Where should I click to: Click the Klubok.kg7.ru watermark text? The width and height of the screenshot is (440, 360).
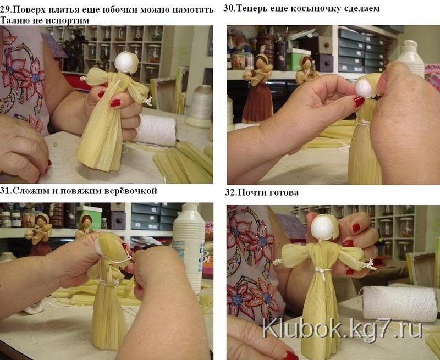(x=342, y=330)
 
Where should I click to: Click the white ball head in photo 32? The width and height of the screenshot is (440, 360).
(x=323, y=228)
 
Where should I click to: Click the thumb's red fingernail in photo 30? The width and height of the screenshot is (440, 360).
(x=359, y=102)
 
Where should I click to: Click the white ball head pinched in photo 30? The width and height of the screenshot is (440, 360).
(x=364, y=87)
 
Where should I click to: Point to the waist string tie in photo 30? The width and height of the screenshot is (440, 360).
(x=364, y=123)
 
